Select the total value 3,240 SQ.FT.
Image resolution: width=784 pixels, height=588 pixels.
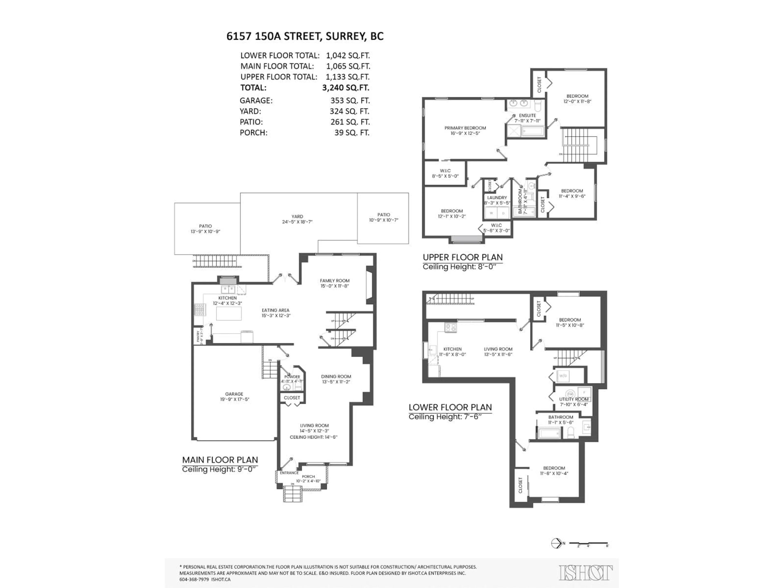[x=346, y=88]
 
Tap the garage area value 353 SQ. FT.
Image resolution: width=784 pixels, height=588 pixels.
[x=350, y=101]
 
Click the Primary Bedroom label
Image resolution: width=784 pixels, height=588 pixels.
[x=465, y=128]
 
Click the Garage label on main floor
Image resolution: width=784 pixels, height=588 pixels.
[x=234, y=394]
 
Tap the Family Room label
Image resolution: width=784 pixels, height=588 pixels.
[x=335, y=281]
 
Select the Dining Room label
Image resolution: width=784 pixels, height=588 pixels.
[x=336, y=376]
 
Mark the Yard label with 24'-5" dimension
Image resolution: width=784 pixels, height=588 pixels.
[x=297, y=217]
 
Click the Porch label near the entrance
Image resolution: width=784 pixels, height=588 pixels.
[x=308, y=477]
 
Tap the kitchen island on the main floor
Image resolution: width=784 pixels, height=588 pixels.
[x=229, y=314]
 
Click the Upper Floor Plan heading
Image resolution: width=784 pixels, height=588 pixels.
[x=462, y=257]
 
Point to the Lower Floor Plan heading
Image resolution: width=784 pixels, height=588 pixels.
[x=450, y=407]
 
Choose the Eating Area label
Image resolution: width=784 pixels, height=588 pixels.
[x=275, y=310]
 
